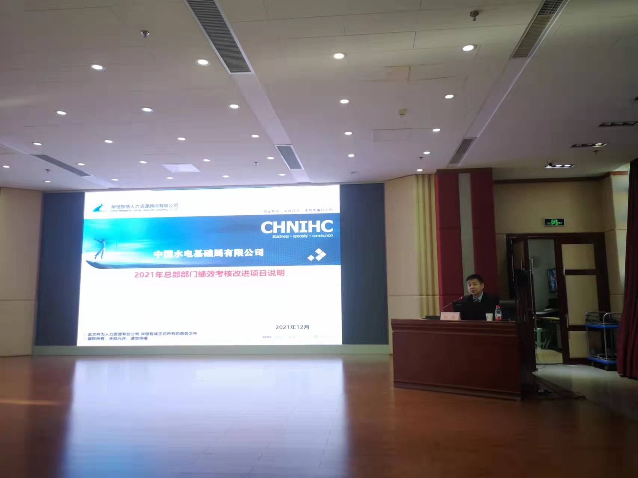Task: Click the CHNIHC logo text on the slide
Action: click(x=296, y=227)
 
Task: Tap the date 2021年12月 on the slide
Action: click(x=292, y=327)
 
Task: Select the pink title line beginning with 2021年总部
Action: click(x=209, y=274)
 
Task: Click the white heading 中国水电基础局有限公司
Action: click(x=209, y=253)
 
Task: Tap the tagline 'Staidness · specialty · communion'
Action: click(x=302, y=236)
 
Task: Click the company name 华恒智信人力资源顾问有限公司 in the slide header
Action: click(x=144, y=206)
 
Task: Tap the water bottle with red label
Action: click(x=497, y=313)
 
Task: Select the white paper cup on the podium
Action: click(x=488, y=317)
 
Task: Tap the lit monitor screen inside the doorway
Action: click(x=551, y=280)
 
